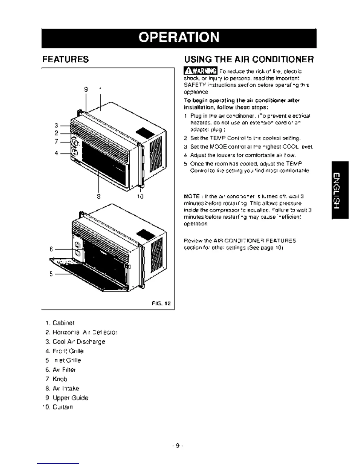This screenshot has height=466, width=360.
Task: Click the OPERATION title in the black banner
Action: (179, 37)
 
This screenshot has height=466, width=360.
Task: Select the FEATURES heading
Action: (65, 59)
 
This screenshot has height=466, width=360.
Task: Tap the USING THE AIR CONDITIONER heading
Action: (249, 59)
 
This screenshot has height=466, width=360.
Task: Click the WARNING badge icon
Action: (200, 71)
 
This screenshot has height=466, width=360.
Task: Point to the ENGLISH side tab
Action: (340, 190)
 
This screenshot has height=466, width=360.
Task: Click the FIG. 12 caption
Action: (161, 303)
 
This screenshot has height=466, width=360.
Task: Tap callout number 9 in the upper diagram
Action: (86, 89)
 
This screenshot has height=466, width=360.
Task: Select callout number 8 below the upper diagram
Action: (99, 196)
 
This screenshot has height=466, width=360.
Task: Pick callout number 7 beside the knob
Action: (56, 142)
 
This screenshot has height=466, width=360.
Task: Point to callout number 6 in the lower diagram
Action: (51, 249)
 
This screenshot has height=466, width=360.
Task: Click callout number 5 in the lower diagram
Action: (51, 274)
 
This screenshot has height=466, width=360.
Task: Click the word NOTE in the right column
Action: (191, 196)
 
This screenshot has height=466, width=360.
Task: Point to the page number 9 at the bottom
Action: (177, 446)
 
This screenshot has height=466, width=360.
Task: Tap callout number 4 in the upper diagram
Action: (56, 153)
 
